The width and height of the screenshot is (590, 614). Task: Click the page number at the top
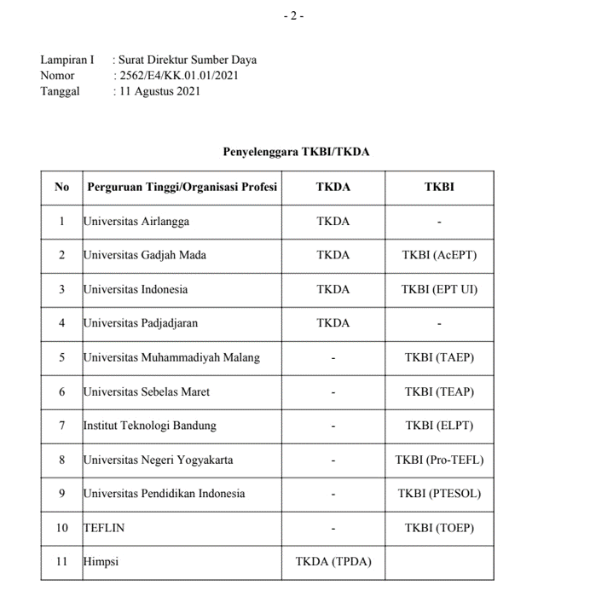[293, 15]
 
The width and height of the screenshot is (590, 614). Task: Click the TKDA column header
[333, 187]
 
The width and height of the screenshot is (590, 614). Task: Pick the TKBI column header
[439, 187]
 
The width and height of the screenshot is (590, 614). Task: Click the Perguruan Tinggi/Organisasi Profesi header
[182, 187]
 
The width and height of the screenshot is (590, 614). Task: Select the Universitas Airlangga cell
[136, 222]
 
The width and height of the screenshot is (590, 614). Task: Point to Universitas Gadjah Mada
[145, 255]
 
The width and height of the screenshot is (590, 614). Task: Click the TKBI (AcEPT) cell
[439, 255]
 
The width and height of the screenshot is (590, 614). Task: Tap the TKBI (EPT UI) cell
[439, 289]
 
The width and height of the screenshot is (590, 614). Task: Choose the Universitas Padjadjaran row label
[140, 323]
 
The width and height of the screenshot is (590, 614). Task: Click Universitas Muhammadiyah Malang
[171, 357]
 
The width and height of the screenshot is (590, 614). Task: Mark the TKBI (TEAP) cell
[439, 391]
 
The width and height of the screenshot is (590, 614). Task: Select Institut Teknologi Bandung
[150, 426]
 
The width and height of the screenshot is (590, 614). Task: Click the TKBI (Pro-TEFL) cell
[439, 460]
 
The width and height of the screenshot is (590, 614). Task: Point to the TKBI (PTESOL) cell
[439, 494]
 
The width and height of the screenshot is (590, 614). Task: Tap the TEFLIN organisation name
[104, 528]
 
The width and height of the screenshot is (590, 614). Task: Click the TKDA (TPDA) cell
[333, 562]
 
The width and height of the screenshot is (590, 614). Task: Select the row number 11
[61, 562]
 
